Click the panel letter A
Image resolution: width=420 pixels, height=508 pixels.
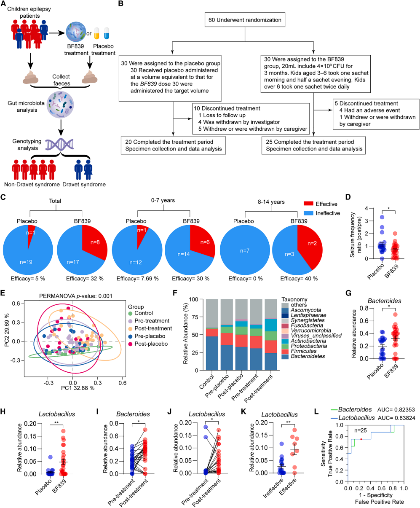[4, 5]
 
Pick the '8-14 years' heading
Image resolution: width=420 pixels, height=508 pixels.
[272, 202]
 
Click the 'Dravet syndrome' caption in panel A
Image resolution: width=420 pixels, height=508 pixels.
[83, 184]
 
